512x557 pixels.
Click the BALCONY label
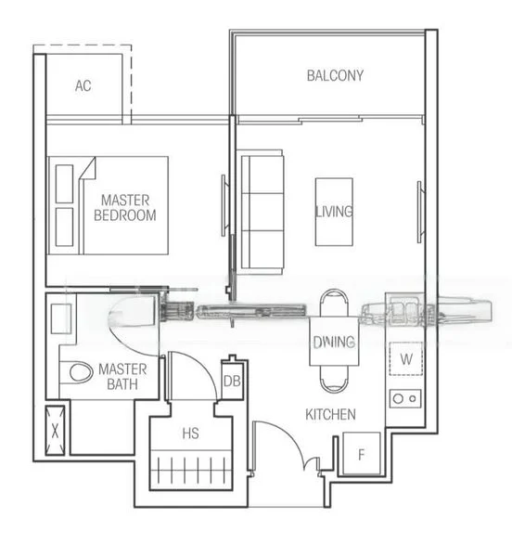335,76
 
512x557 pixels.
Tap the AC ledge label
83,86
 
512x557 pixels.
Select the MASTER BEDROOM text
129,207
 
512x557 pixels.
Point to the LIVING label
334,212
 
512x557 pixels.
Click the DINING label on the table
333,342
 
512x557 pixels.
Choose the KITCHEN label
331,414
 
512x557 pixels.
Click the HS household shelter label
190,433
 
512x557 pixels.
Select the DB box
233,381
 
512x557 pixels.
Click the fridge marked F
362,455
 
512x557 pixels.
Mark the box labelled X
57,429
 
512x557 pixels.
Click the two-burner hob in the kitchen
405,397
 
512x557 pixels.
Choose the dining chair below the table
333,380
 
